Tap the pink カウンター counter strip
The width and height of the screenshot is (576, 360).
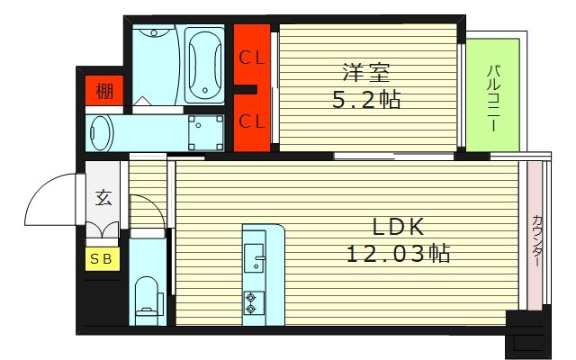[536, 238]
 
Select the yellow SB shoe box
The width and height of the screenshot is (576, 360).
[103, 258]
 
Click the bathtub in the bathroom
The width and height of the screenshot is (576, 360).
[203, 63]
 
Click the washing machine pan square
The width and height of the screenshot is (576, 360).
[205, 132]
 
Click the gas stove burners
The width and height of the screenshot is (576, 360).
[251, 302]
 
